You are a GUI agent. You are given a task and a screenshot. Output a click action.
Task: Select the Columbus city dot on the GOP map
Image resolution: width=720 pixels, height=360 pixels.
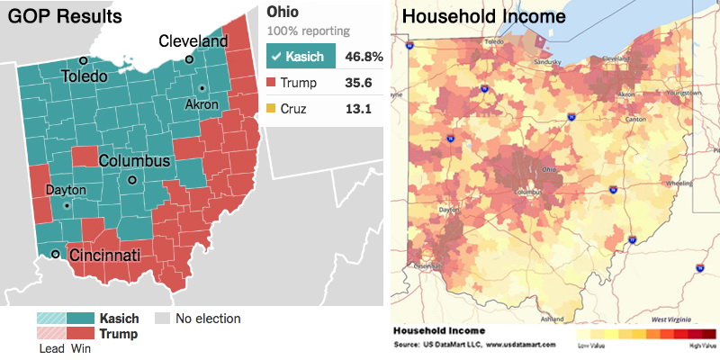pyautogui.click(x=132, y=180)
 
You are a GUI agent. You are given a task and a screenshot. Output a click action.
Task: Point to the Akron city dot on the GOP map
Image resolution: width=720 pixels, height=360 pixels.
pyautogui.click(x=203, y=88)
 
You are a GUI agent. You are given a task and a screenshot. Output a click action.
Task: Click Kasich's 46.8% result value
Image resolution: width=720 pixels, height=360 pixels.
pyautogui.click(x=366, y=57)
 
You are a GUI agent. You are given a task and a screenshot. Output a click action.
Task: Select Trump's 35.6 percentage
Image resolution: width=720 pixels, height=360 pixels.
pyautogui.click(x=366, y=84)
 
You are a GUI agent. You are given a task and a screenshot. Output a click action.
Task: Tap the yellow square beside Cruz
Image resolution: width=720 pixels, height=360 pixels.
pyautogui.click(x=272, y=110)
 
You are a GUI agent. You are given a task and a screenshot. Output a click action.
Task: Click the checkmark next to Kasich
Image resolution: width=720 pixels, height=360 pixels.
pyautogui.click(x=276, y=57)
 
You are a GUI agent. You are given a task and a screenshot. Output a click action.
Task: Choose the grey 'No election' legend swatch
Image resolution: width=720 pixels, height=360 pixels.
pyautogui.click(x=162, y=319)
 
